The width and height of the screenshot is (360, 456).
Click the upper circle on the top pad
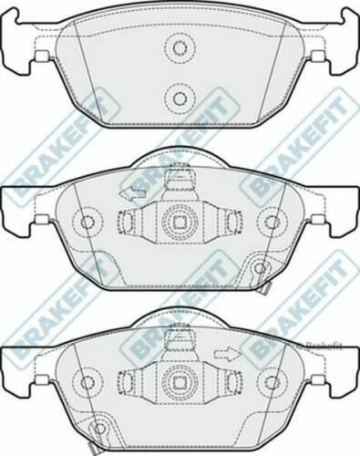tap(180, 47)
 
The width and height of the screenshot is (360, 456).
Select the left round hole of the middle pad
tap(87, 222)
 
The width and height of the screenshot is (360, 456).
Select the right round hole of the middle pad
tap(271, 222)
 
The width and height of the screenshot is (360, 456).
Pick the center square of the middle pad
tap(180, 222)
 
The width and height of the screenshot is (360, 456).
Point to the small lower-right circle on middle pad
tap(261, 267)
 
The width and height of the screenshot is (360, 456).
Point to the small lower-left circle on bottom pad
tap(98, 424)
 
